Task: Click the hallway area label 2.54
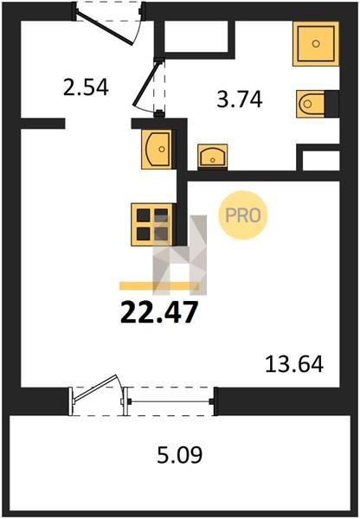pos(86,87)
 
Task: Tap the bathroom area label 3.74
pos(240,99)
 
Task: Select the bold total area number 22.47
pos(159,311)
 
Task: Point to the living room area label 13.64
pos(294,364)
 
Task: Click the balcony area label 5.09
pos(179,455)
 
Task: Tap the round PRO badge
pos(243,215)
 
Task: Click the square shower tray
pos(316,43)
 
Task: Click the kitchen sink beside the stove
pos(157,150)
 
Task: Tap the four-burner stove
pos(152,225)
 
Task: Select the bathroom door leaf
pos(145,83)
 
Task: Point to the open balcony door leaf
pos(94,388)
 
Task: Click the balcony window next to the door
pos(170,402)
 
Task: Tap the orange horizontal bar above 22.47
pos(159,285)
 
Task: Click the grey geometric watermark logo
pos(179,255)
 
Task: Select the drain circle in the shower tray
pos(316,43)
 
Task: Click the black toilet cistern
pos(331,104)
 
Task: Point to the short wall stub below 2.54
pos(42,123)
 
